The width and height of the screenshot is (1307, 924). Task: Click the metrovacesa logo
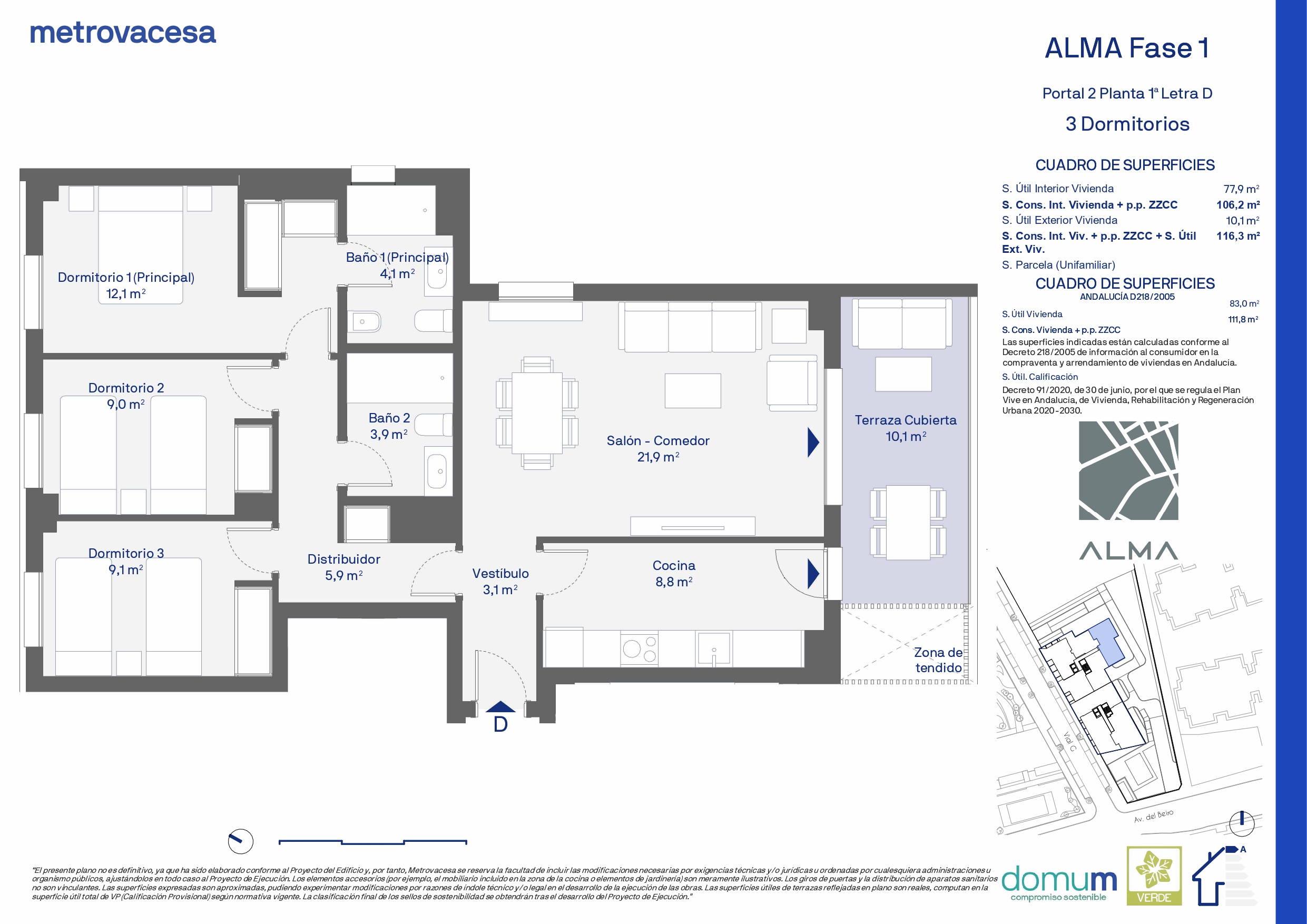click(x=122, y=33)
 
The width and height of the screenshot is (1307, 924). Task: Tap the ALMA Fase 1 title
click(x=1127, y=48)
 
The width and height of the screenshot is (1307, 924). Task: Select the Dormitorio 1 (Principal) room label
click(x=126, y=277)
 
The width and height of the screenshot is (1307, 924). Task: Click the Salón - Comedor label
click(x=658, y=440)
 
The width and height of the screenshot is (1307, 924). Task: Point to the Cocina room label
click(x=674, y=565)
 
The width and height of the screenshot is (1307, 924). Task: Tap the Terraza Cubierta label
click(x=906, y=420)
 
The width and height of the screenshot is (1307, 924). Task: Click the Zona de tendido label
click(x=938, y=660)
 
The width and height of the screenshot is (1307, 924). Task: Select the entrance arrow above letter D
click(x=500, y=706)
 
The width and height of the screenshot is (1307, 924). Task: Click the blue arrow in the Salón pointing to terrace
click(x=813, y=443)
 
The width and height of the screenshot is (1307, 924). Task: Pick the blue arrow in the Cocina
click(x=813, y=573)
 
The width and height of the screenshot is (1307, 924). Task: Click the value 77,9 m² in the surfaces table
click(x=1241, y=189)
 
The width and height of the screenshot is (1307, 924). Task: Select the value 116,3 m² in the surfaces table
click(x=1238, y=235)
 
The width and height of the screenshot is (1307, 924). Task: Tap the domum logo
click(x=1059, y=883)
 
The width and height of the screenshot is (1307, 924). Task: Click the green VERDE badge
click(x=1154, y=876)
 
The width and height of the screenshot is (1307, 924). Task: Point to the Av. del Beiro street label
click(x=1153, y=816)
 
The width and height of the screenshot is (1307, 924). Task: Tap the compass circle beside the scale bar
click(x=240, y=841)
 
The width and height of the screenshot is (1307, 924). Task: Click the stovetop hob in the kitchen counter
click(x=639, y=648)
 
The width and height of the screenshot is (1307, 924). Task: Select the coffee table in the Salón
click(x=693, y=390)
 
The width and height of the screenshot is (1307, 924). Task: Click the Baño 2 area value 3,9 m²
click(x=389, y=435)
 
